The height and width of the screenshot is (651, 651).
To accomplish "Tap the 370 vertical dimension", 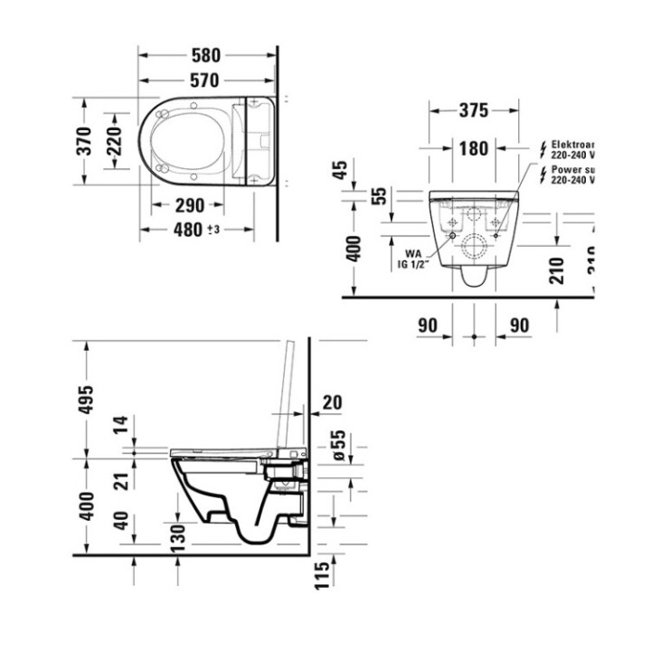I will [x=83, y=141].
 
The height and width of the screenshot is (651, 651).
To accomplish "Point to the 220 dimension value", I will [x=115, y=141].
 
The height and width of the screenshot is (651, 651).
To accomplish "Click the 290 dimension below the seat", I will [x=191, y=204].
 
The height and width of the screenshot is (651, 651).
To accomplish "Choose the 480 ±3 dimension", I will [x=196, y=229].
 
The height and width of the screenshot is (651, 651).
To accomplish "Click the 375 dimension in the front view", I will [x=472, y=110].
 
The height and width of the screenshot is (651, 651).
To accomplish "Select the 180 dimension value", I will [x=472, y=148].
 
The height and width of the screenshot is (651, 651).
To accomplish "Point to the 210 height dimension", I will [x=557, y=269].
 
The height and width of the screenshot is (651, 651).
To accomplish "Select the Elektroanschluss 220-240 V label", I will [x=571, y=149].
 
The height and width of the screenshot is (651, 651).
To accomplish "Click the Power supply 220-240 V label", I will [x=571, y=174].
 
